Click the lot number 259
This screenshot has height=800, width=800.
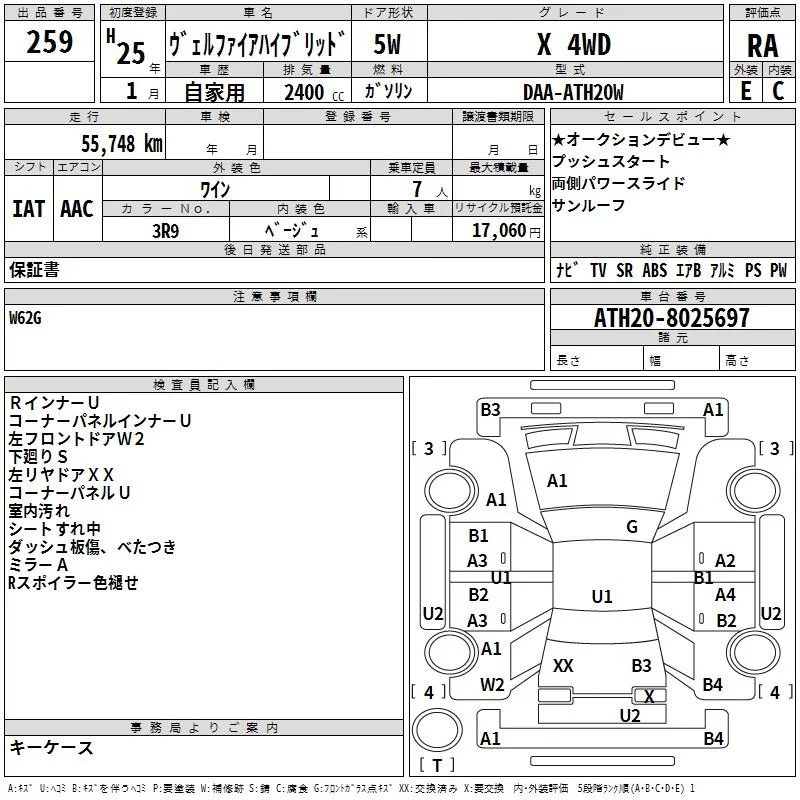coord(50,42)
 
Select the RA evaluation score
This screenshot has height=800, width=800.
coord(762,46)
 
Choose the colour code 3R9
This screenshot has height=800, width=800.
coord(165,230)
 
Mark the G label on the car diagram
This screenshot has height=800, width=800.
coord(632,527)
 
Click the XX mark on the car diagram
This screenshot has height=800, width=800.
coord(563,665)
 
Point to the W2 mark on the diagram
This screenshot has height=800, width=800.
coord(492,684)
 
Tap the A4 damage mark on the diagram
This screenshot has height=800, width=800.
coord(726,594)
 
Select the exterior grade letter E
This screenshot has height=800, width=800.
coord(745,91)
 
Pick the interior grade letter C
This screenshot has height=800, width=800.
coord(779,91)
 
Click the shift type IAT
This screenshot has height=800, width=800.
coord(28,208)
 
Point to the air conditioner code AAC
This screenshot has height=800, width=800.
coord(77,208)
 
